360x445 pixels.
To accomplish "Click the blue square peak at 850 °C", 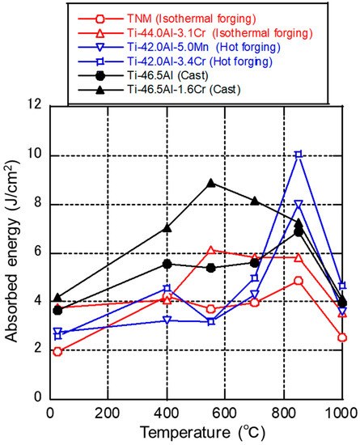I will [x=299, y=154].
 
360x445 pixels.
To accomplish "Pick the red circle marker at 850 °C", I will [x=299, y=281].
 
